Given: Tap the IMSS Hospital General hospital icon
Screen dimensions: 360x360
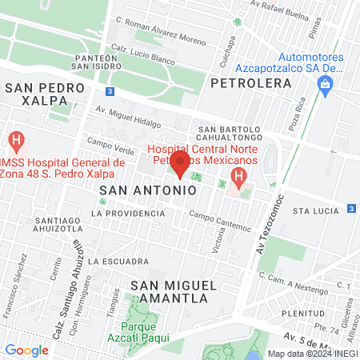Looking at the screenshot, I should [15, 142].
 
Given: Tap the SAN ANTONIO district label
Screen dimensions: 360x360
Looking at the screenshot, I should [147, 191].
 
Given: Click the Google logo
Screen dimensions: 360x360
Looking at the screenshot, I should [27, 350].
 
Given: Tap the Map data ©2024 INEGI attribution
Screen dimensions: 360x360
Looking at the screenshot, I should [311, 353].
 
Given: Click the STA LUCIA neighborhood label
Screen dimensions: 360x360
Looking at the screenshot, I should [312, 210].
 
